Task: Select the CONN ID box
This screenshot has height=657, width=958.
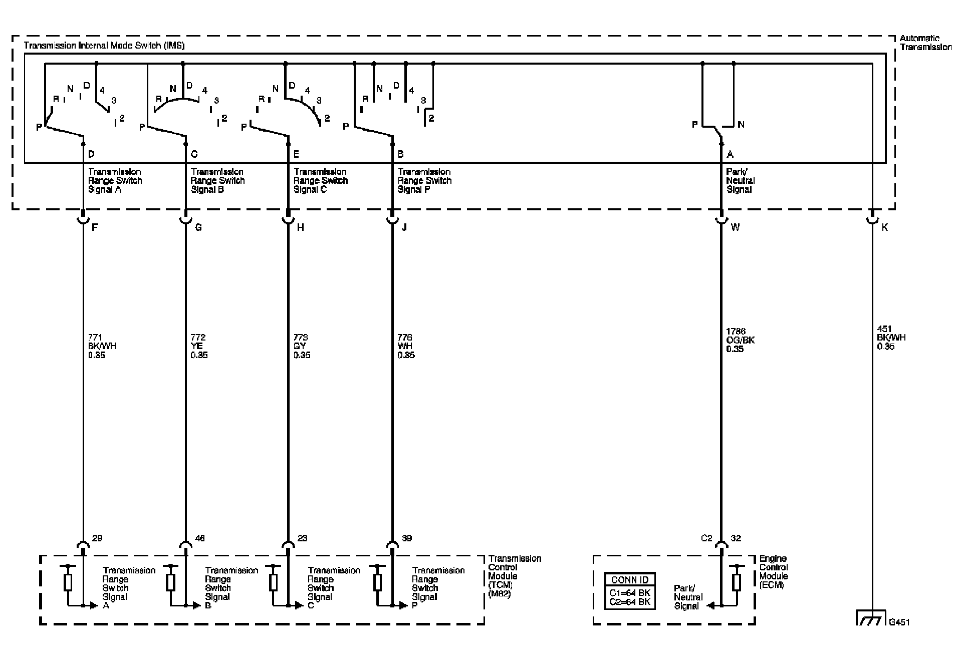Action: click(x=630, y=591)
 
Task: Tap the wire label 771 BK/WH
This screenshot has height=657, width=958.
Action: click(x=102, y=346)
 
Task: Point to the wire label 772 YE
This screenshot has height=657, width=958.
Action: click(x=199, y=346)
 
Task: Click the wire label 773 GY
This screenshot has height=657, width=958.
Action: click(x=302, y=346)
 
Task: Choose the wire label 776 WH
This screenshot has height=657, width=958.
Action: click(x=406, y=346)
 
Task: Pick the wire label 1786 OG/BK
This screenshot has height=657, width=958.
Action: click(x=740, y=340)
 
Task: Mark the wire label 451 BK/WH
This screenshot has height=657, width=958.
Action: click(x=891, y=337)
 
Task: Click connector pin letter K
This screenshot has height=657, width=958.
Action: click(x=884, y=227)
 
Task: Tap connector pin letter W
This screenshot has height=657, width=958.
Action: click(x=735, y=227)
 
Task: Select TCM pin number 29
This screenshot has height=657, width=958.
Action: click(x=97, y=538)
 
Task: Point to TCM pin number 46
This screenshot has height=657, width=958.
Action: click(x=199, y=538)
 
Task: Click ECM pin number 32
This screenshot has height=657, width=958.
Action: click(x=736, y=538)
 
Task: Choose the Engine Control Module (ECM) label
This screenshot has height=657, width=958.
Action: click(x=774, y=571)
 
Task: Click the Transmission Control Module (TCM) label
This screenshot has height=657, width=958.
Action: click(x=515, y=576)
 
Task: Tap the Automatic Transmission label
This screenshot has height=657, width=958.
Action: click(x=925, y=43)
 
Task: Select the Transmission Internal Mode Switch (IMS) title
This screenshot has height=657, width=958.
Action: click(x=104, y=46)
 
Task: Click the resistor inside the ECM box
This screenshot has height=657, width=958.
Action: click(x=736, y=582)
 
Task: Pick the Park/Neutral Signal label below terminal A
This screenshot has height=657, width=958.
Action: click(x=740, y=180)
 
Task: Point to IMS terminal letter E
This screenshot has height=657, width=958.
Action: click(x=297, y=154)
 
